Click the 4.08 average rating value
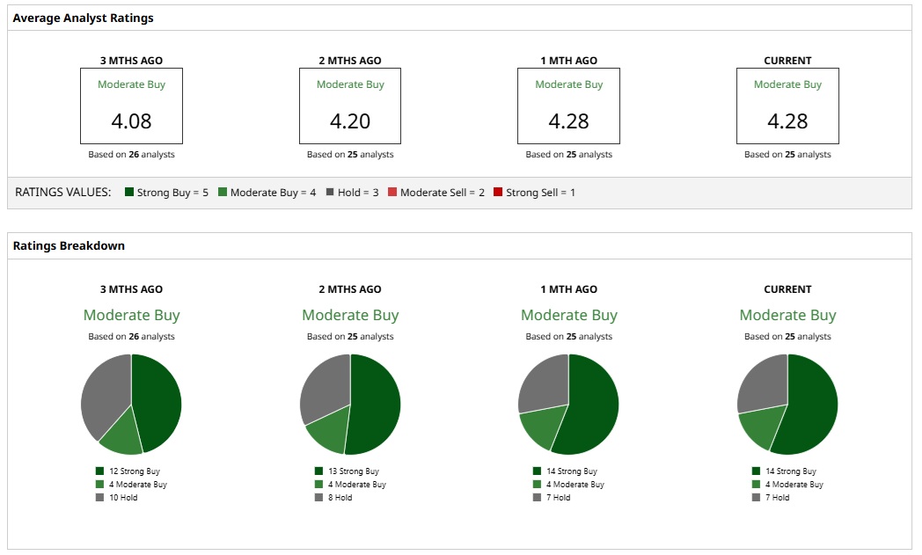click(131, 120)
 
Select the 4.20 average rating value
click(350, 120)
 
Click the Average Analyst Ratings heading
click(84, 18)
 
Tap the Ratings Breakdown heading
click(69, 245)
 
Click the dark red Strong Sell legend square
click(498, 192)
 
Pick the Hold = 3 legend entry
click(352, 192)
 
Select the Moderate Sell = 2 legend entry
click(436, 192)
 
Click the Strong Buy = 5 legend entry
click(166, 192)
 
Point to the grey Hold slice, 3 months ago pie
click(104, 391)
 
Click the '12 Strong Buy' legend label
click(134, 471)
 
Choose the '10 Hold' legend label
click(123, 498)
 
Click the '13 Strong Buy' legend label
click(353, 471)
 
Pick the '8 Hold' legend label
click(340, 498)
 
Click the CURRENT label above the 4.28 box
click(787, 61)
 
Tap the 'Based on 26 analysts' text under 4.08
click(131, 155)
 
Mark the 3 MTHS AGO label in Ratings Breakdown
click(131, 289)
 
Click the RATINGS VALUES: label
click(63, 192)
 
